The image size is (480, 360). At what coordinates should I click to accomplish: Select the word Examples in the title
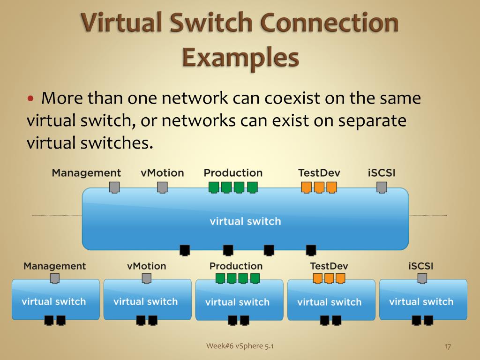(x=240, y=58)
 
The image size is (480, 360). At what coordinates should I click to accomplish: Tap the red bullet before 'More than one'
(x=31, y=99)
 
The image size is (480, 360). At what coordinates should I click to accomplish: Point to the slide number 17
(x=447, y=346)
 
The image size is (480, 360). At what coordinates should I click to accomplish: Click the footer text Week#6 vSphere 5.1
(x=240, y=346)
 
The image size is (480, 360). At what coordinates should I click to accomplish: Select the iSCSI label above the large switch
(x=382, y=172)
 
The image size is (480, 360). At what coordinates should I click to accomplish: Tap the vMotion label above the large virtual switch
(x=162, y=172)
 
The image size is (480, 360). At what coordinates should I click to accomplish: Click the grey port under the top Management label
(x=114, y=187)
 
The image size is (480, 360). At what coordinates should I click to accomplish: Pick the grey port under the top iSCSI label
(x=382, y=187)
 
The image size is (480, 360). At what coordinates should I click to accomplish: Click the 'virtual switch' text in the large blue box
(x=245, y=221)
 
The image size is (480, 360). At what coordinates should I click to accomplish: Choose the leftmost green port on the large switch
(x=214, y=187)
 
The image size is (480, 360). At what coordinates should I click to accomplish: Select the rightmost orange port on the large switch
(x=331, y=187)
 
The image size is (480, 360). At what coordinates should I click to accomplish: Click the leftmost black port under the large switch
(x=185, y=250)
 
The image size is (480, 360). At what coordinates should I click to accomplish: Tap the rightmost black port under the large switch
(x=311, y=250)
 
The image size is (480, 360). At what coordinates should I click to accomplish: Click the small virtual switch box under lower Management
(x=55, y=300)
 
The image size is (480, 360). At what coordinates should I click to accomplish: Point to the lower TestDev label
(x=329, y=266)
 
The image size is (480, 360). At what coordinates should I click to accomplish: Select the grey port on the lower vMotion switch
(x=147, y=278)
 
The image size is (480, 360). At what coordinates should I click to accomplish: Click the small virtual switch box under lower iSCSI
(x=423, y=300)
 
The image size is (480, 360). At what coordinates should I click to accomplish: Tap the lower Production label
(x=236, y=266)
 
